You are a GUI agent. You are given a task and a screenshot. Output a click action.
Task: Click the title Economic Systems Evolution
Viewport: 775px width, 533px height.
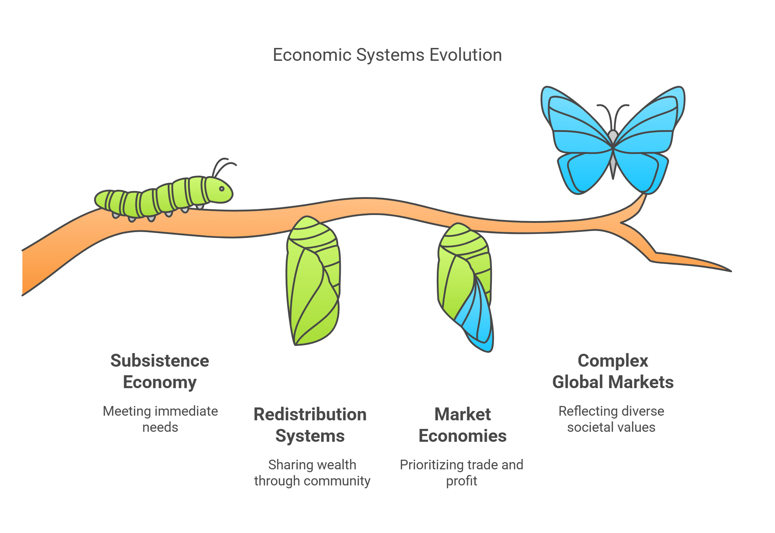(387, 55)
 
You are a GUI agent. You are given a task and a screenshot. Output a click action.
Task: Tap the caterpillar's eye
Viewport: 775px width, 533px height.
(222, 189)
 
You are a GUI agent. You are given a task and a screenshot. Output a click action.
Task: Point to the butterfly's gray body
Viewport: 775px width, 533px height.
(613, 150)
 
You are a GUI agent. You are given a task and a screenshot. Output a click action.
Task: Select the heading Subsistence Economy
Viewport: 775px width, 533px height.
(160, 371)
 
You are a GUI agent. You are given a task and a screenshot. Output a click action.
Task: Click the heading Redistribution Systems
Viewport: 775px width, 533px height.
(310, 425)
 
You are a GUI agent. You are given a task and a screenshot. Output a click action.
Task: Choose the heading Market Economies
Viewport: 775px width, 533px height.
(462, 425)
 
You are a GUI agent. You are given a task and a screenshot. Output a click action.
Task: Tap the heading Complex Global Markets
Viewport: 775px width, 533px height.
(613, 371)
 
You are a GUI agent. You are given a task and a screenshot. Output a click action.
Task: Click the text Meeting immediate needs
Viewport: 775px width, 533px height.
(160, 419)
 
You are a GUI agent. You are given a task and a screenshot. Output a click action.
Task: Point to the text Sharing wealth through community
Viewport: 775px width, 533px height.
(312, 473)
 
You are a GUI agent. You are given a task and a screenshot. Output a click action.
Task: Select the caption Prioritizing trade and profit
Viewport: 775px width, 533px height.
(461, 473)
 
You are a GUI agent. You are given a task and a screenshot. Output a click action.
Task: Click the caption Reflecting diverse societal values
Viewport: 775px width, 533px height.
(611, 419)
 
